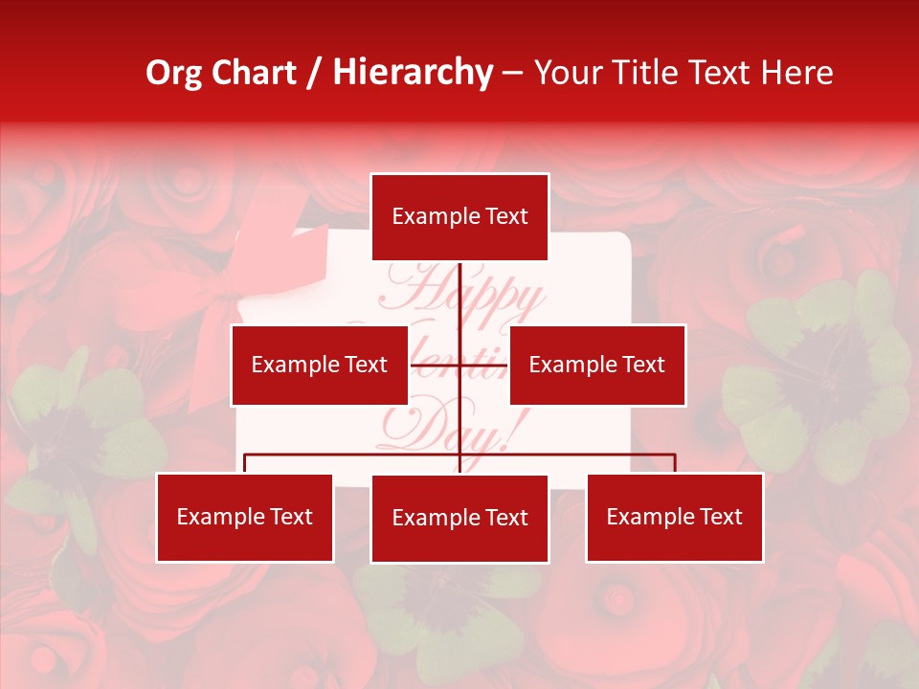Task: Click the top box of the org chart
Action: pos(459,217)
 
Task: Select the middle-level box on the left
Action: pos(319,365)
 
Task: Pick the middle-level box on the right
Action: pos(596,365)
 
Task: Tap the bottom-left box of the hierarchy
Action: pos(244,517)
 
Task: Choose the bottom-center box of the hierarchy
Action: pos(459,518)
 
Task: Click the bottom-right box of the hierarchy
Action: pos(674,517)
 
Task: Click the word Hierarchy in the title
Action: pos(413,73)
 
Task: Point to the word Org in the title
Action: pos(173,73)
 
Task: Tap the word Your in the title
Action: pos(570,73)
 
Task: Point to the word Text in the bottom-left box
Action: pos(290,517)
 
